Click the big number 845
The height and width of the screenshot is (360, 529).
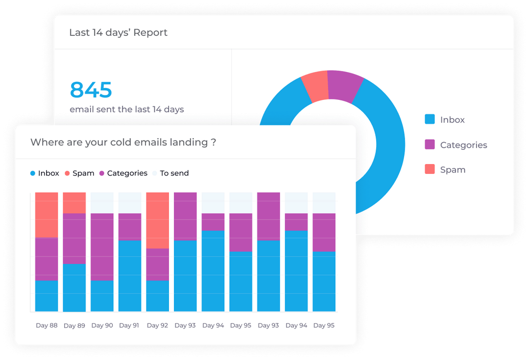[91, 90]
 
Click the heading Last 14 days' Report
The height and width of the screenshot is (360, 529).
[118, 33]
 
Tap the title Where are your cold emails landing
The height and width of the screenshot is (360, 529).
[123, 143]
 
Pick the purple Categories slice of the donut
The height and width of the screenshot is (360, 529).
[345, 86]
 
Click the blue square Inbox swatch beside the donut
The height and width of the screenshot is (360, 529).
[430, 120]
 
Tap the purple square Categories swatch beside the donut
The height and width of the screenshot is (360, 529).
[430, 144]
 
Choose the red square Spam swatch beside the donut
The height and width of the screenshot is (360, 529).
[430, 169]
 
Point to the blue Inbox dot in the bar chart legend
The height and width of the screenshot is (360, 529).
[33, 173]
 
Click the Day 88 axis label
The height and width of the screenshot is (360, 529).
[47, 325]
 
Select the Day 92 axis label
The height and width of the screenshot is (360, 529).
[157, 325]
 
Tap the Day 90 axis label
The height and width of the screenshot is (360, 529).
[102, 325]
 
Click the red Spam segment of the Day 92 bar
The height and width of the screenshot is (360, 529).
[157, 220]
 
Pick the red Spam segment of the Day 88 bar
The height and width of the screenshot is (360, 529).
[47, 215]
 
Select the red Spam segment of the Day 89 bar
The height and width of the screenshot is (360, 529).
[74, 202]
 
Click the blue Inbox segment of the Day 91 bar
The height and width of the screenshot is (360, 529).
[130, 275]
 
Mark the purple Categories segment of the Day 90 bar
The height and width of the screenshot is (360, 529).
[102, 246]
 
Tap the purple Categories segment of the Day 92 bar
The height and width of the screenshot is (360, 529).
[157, 264]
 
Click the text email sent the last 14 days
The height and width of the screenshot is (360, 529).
[127, 110]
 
